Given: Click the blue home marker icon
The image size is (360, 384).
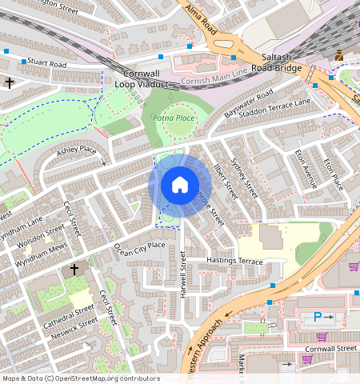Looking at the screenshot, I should coord(180,186).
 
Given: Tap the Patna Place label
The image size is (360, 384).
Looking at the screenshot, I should coord(173,118).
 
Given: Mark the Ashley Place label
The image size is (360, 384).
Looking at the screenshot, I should coord(76,150).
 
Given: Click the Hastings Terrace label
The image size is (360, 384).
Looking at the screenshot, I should coord(234,262).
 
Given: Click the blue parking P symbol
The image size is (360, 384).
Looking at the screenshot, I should coord(318,318).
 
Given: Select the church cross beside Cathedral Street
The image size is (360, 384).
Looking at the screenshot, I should coord(75,270).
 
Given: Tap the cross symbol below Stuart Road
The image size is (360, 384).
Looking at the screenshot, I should coord(10,82).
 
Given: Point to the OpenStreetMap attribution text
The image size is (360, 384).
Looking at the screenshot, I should coord(81,378).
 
